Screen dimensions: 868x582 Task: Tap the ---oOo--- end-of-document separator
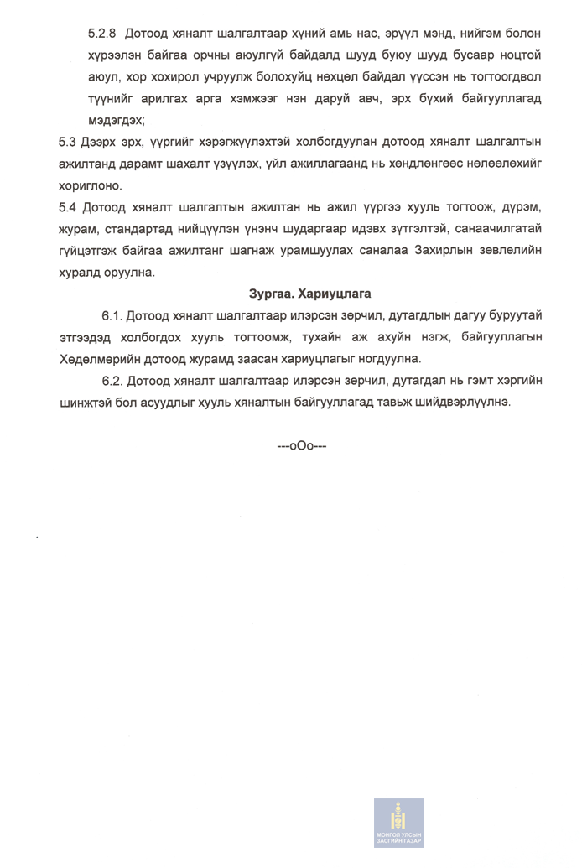302,446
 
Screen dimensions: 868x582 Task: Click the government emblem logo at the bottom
398,823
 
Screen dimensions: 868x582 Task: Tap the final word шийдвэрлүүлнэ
461,403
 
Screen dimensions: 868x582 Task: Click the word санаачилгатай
499,228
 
